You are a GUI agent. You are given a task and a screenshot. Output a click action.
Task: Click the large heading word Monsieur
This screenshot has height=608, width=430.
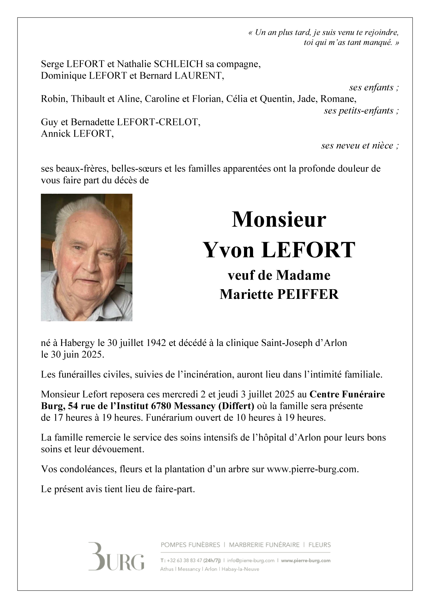click(x=279, y=220)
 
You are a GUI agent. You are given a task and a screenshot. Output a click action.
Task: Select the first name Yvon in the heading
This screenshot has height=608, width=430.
click(x=229, y=250)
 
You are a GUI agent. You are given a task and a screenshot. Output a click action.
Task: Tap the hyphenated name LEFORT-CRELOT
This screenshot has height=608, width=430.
click(x=158, y=122)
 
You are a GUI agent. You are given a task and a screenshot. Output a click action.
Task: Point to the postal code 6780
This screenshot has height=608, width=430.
click(x=161, y=406)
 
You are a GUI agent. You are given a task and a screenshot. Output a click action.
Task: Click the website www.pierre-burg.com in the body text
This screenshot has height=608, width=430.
click(x=312, y=469)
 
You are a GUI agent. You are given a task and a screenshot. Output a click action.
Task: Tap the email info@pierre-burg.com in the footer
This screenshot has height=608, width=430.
click(x=251, y=561)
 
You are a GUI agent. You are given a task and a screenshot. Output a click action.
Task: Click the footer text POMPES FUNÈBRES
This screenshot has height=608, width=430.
click(x=190, y=545)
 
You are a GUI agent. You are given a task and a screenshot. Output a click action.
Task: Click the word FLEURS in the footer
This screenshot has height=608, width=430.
click(x=320, y=545)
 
